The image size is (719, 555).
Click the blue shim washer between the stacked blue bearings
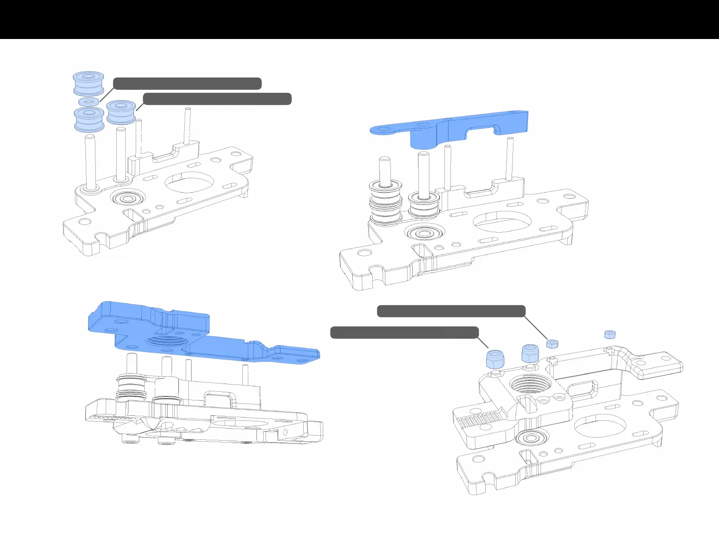point(89,101)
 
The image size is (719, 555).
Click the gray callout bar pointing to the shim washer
point(187,83)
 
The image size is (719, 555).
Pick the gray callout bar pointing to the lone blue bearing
point(217,99)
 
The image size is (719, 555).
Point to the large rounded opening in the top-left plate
point(189,181)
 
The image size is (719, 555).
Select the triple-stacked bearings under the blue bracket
point(385,203)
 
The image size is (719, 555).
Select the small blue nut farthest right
point(610,335)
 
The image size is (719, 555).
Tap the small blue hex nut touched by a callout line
point(552,343)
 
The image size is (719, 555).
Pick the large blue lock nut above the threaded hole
point(530,353)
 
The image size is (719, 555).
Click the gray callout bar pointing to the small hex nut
point(451,311)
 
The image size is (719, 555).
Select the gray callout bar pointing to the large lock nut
point(404,332)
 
